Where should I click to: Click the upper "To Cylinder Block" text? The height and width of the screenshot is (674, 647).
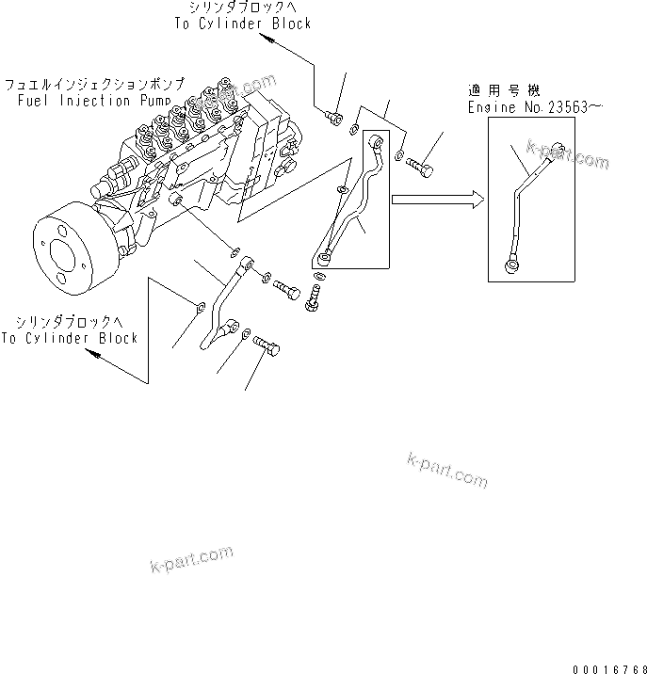pyautogui.click(x=242, y=23)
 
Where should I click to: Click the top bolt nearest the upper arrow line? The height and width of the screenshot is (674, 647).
pyautogui.click(x=331, y=118)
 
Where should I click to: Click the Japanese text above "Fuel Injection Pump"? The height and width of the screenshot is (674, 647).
pyautogui.click(x=93, y=83)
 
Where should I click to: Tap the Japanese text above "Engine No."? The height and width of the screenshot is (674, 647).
pyautogui.click(x=504, y=91)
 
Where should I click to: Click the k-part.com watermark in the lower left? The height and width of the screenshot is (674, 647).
pyautogui.click(x=191, y=558)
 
